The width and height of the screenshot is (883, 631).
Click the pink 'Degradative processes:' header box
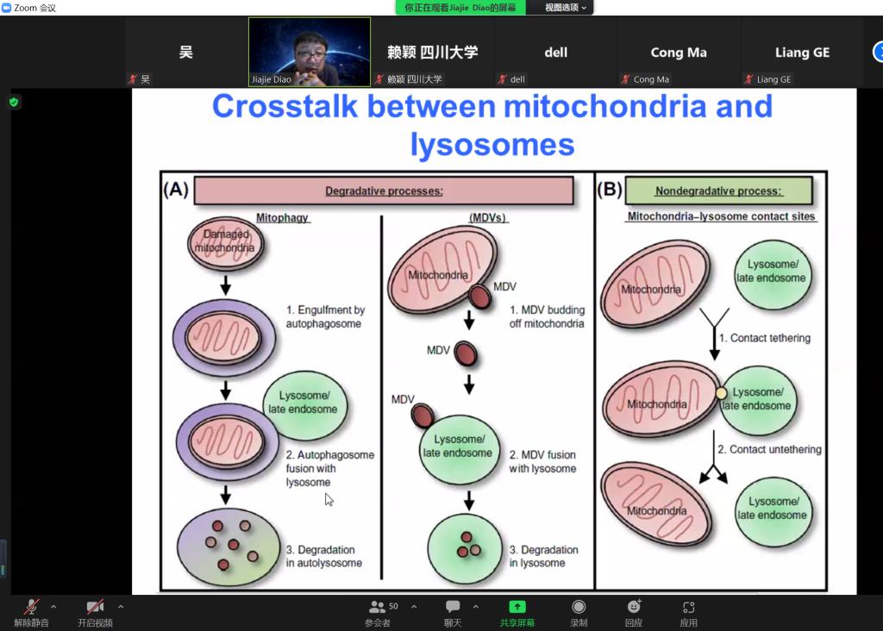(x=384, y=191)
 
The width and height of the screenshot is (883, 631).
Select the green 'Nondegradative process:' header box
(x=718, y=191)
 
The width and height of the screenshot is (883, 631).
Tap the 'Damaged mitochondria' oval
(x=225, y=243)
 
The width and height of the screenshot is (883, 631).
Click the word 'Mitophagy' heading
(x=282, y=217)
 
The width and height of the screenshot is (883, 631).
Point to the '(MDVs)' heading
(x=488, y=217)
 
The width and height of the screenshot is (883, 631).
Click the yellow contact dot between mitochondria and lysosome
(x=721, y=393)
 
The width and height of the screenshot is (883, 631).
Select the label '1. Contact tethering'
(x=765, y=338)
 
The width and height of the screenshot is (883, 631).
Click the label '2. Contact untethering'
(x=769, y=449)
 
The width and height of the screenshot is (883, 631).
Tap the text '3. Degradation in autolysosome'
(x=324, y=556)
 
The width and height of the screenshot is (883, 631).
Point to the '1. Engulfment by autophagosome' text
(x=325, y=316)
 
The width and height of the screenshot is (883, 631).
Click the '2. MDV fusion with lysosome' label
(x=543, y=461)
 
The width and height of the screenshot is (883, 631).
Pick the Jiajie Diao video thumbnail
(x=310, y=52)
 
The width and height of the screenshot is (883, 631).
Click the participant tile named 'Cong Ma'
(x=679, y=52)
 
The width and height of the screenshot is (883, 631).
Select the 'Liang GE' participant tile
(x=802, y=52)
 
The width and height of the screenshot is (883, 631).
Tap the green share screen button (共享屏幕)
(x=517, y=612)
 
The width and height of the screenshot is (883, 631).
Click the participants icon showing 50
(x=382, y=612)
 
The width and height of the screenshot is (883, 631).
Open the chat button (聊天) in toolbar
(x=453, y=612)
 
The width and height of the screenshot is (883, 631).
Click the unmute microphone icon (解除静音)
(x=32, y=612)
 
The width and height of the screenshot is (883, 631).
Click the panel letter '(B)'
(x=610, y=189)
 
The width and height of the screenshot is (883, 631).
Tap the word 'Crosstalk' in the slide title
(x=285, y=106)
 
